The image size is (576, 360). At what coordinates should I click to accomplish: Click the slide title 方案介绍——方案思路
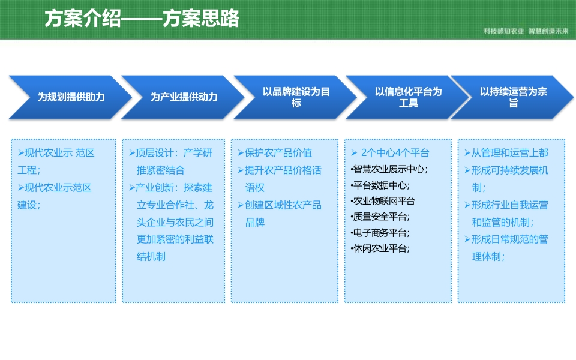pos(142,19)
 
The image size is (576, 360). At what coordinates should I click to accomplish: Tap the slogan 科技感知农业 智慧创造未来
pos(526,31)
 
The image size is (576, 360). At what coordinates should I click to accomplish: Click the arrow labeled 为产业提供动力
pos(183,97)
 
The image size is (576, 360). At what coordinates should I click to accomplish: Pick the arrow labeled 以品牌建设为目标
pos(295,97)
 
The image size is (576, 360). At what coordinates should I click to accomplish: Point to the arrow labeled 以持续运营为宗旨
pos(512,97)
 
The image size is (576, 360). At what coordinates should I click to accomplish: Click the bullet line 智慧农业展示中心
pos(389,169)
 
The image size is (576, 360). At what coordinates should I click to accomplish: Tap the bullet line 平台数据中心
pos(380,185)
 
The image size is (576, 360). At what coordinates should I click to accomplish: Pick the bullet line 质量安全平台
pos(380,217)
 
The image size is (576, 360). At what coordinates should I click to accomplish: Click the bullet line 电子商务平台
pos(380,233)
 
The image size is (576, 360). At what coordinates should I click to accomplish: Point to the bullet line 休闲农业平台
pos(380,248)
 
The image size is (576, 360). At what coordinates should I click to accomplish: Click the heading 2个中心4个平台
pos(390,153)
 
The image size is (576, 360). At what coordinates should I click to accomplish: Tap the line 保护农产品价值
pos(275,153)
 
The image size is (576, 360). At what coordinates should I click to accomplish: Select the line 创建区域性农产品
pos(280,205)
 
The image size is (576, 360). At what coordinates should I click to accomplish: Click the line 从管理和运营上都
pos(506,153)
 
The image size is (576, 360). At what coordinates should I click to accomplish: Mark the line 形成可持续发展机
pos(506,170)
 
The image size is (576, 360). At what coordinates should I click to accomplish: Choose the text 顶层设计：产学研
pos(171,153)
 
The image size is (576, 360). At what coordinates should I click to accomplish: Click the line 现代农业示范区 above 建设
pos(55,188)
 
